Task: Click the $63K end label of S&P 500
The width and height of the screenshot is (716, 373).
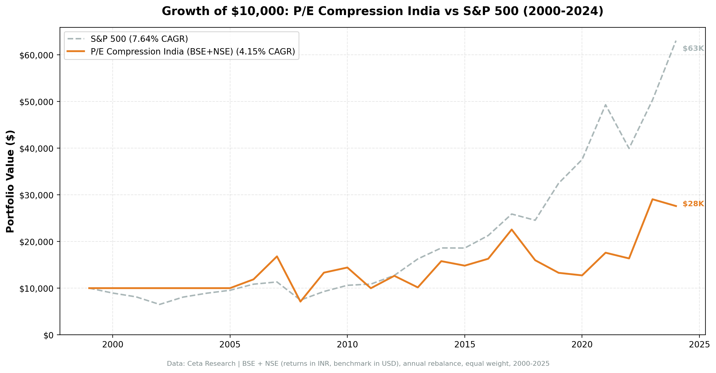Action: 693,48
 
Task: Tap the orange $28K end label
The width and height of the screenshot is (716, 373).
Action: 693,204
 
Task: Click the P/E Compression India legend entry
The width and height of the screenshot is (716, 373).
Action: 192,52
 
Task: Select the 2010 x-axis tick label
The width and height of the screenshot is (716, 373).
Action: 347,345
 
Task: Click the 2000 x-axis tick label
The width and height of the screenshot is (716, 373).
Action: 113,345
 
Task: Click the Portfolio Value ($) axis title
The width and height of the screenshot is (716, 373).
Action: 10,181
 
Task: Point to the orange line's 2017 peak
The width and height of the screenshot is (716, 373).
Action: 511,229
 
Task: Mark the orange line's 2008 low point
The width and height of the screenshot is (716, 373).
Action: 300,301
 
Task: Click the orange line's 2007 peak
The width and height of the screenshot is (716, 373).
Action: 277,256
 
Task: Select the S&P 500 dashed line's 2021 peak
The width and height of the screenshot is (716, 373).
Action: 605,105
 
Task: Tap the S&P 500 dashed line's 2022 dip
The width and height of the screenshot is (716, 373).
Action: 629,148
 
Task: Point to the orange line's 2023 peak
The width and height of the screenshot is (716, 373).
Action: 652,199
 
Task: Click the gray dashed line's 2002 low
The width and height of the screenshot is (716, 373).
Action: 159,304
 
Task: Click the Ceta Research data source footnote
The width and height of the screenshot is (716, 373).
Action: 358,364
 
